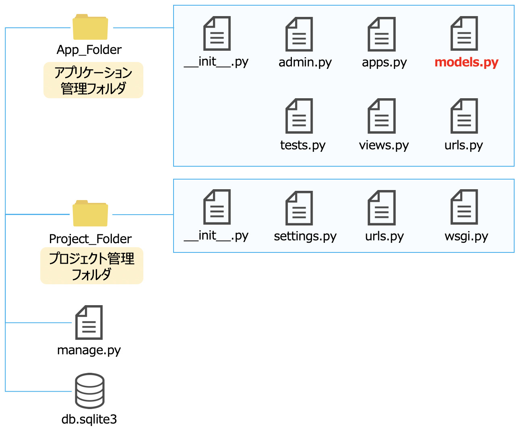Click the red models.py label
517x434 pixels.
[466, 62]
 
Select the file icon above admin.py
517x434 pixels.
[299, 34]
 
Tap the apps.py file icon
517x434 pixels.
[381, 34]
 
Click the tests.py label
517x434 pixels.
[302, 145]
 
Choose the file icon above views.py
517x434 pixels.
[381, 116]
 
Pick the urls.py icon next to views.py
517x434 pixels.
[464, 116]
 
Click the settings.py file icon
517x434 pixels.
[299, 208]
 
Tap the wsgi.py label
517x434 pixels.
[466, 236]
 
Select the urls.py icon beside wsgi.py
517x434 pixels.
[381, 208]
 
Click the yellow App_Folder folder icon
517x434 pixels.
[90, 27]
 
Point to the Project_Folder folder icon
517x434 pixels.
[90, 213]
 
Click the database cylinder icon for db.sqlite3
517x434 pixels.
[90, 391]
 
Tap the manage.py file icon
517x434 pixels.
[89, 322]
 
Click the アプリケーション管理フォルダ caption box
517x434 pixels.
[93, 80]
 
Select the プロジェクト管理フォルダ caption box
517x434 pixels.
[92, 266]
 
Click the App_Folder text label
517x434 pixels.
[89, 50]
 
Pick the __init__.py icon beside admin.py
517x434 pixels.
[217, 33]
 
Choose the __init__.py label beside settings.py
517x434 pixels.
[216, 236]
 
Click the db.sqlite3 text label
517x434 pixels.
[89, 419]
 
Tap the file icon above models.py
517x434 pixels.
[464, 33]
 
